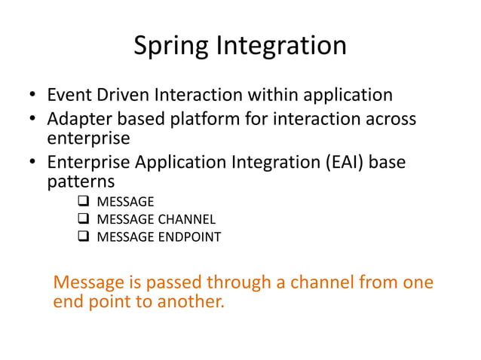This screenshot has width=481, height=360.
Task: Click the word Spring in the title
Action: click(172, 47)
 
